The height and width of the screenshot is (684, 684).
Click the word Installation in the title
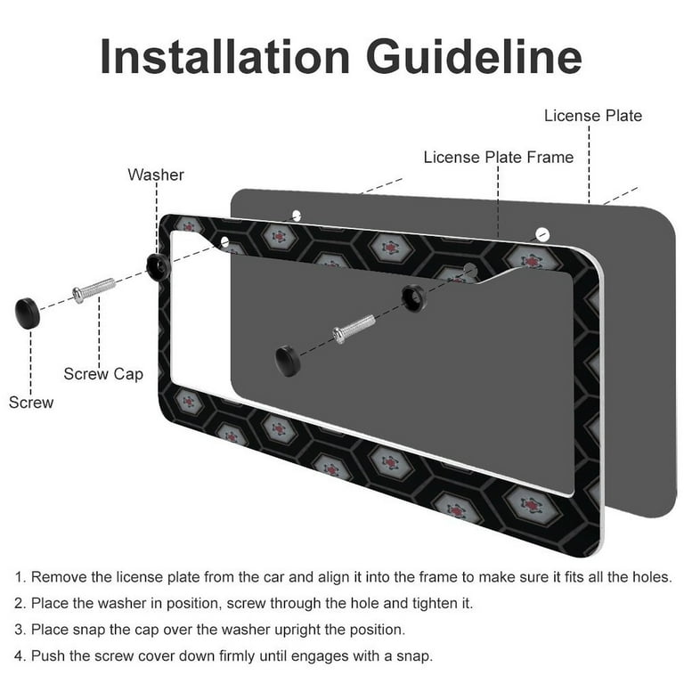point(224,57)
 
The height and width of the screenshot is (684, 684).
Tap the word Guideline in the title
point(475,57)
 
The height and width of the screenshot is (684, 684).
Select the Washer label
point(156,175)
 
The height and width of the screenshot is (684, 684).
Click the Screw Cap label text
point(103,374)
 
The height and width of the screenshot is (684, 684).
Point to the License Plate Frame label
point(499,157)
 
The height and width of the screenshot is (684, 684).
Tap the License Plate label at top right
point(593,116)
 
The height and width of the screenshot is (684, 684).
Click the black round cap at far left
point(28,313)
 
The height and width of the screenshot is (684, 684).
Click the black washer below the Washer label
point(158,266)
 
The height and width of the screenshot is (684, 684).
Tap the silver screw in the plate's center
point(354,329)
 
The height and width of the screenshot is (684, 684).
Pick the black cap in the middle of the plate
point(288,361)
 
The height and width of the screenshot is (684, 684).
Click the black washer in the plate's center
point(412,297)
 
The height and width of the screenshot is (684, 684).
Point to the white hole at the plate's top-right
point(542,234)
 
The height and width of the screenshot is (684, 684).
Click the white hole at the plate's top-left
point(297,215)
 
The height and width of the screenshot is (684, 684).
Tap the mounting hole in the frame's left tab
point(224,241)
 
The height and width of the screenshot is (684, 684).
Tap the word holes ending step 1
point(649,577)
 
